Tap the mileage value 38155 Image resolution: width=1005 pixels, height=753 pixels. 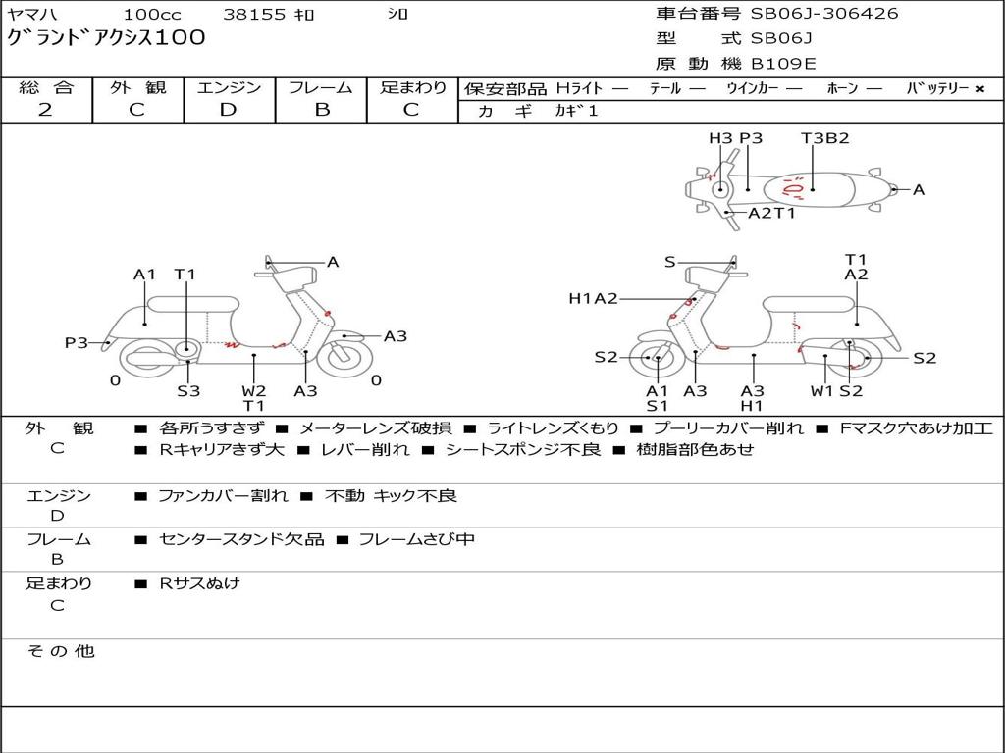point(254,15)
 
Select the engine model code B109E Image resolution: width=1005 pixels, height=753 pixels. point(783,64)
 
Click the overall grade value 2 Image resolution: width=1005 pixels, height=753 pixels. point(45,110)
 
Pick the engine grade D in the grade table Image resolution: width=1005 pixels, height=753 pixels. point(229,110)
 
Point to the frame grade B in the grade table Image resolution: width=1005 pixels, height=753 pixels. point(321,110)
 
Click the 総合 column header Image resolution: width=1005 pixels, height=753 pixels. point(46,87)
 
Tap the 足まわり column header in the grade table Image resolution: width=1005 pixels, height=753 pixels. point(413,87)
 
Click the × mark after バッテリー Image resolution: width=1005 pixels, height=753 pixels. point(979,89)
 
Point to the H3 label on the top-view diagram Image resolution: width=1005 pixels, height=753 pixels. point(720,138)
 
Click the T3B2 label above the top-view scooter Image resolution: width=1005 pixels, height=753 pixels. point(824,138)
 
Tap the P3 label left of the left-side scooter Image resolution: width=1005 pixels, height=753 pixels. point(77,342)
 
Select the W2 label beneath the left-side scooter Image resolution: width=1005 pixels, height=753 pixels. point(254,390)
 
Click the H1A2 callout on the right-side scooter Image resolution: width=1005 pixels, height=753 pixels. point(593,298)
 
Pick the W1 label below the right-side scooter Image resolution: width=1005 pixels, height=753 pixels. point(821,390)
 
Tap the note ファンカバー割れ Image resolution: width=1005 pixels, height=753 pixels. point(223,496)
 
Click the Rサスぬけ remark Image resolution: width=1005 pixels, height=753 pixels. point(199,583)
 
